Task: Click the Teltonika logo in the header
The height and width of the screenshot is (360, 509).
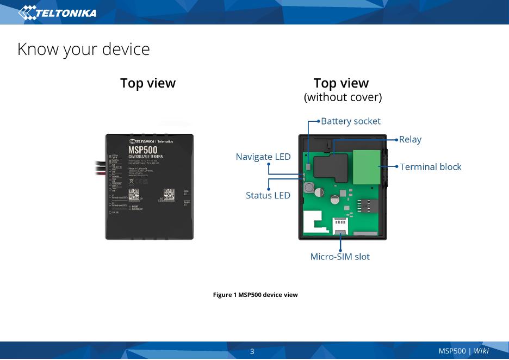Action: pyautogui.click(x=58, y=13)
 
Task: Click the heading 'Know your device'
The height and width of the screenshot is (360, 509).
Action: pyautogui.click(x=83, y=49)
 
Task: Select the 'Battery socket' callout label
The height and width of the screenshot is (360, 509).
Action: pyautogui.click(x=350, y=121)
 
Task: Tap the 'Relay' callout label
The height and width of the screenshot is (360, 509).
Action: pyautogui.click(x=410, y=139)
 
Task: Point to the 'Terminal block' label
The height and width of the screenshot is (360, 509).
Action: pyautogui.click(x=430, y=166)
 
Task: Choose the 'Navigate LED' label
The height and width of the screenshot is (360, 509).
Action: pyautogui.click(x=263, y=157)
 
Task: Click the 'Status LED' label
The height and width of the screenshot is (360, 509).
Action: pyautogui.click(x=268, y=195)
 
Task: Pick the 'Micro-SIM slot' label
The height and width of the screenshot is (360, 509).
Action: pyautogui.click(x=340, y=256)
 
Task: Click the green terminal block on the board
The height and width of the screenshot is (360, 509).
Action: pyautogui.click(x=367, y=167)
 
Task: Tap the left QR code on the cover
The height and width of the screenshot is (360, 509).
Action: pyautogui.click(x=134, y=194)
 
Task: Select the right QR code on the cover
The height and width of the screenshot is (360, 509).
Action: pyautogui.click(x=169, y=194)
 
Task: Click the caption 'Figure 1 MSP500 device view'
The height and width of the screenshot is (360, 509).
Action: pyautogui.click(x=255, y=295)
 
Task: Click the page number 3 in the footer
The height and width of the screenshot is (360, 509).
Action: pyautogui.click(x=252, y=351)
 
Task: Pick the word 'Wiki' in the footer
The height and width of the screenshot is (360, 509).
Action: pyautogui.click(x=481, y=351)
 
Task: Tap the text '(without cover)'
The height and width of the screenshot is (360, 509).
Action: pyautogui.click(x=343, y=97)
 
